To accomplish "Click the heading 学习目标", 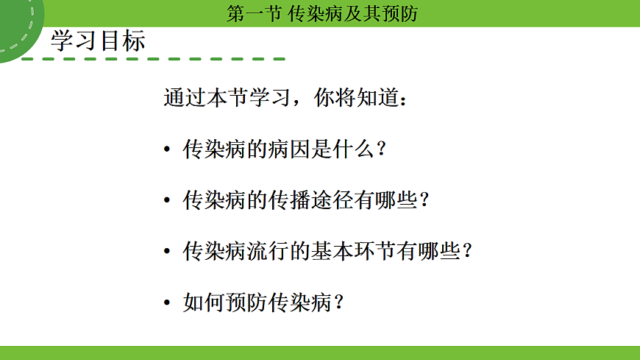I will pyautogui.click(x=98, y=41).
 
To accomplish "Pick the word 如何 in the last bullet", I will pyautogui.click(x=202, y=302).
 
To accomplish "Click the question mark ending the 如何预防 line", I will pyautogui.click(x=339, y=302).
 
